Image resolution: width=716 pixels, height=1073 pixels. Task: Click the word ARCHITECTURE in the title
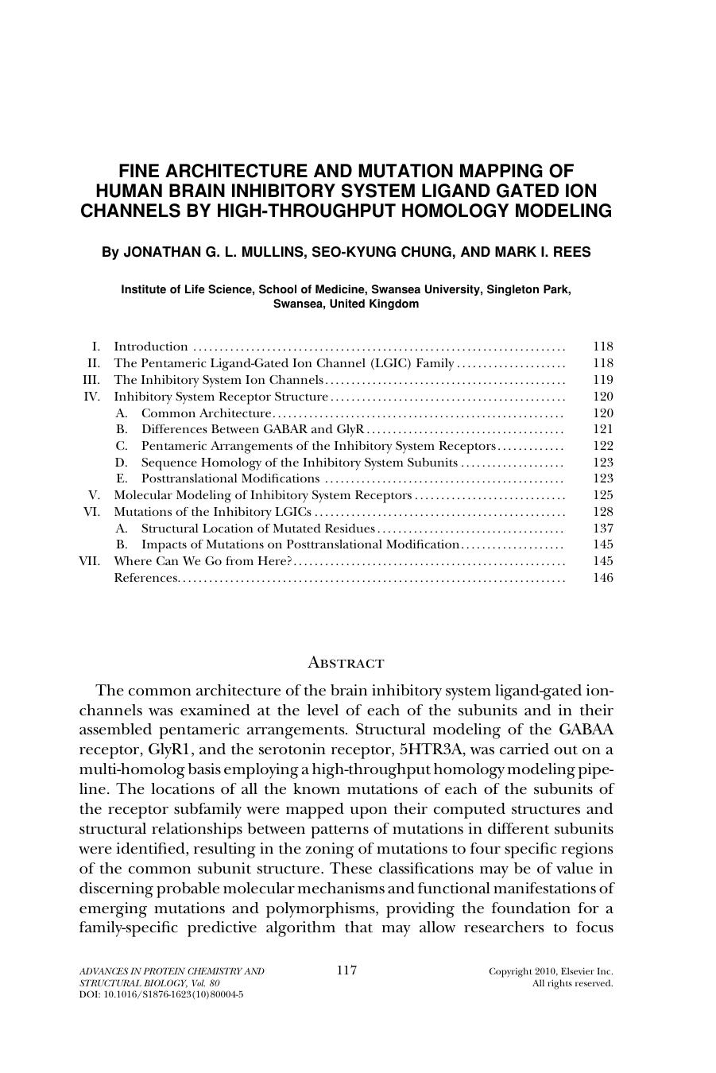226,171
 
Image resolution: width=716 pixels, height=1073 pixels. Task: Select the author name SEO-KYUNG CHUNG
373,252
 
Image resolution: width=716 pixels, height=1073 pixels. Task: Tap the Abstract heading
346,662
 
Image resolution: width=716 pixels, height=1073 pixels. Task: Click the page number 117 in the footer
346,970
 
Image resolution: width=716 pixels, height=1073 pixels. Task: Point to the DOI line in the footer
162,994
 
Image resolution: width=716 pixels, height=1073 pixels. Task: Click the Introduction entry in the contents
151,347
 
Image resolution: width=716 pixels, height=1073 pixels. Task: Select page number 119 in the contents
603,380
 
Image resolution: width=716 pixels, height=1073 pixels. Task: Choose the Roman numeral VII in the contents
90,561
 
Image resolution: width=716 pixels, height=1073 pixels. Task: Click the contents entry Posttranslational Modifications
230,478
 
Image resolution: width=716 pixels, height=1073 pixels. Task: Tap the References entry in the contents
146,578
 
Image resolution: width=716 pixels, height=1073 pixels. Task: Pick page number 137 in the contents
603,529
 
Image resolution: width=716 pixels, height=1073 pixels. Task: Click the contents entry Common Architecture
207,413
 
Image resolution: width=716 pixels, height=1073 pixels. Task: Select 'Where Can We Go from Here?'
204,561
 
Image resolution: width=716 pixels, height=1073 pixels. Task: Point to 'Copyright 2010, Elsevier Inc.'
551,971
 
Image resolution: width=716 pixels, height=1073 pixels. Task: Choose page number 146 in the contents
603,578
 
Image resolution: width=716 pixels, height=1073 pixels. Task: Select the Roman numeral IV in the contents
92,397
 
